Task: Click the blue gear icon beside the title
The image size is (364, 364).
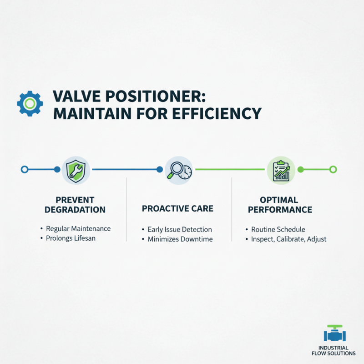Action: click(x=30, y=103)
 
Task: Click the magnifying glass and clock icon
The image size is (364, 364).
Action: click(x=177, y=170)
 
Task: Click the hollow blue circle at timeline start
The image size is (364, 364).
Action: click(x=25, y=170)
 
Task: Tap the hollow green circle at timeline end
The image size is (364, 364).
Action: click(x=333, y=170)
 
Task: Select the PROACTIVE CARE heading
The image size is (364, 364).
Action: click(x=177, y=209)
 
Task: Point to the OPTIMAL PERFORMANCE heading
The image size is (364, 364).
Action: click(x=279, y=205)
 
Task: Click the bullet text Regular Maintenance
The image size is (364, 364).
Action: click(x=78, y=228)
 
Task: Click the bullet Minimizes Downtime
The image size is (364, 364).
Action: click(x=180, y=239)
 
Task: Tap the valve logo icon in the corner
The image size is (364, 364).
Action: click(x=335, y=334)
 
